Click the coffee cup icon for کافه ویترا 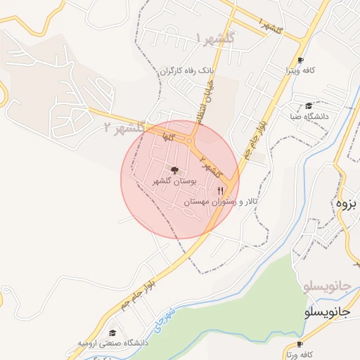301,60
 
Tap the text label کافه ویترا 319,71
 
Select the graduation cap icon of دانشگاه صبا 309,105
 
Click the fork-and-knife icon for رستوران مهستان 221,191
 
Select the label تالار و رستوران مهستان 212,202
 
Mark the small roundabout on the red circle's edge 190,141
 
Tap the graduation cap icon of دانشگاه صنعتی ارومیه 112,333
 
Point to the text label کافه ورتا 317,354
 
